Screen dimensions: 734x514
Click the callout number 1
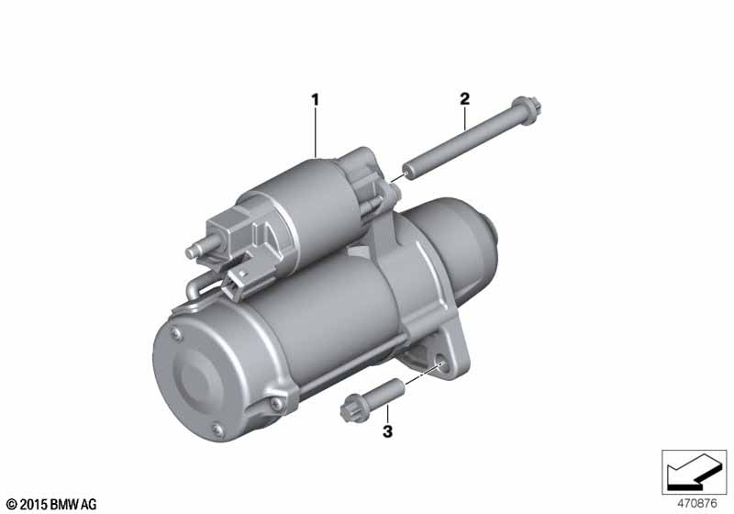315,99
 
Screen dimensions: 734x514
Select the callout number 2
464,99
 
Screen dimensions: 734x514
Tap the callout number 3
387,431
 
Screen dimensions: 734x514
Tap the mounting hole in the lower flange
440,363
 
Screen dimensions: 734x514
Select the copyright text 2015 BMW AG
52,504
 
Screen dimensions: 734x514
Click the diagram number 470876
697,504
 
